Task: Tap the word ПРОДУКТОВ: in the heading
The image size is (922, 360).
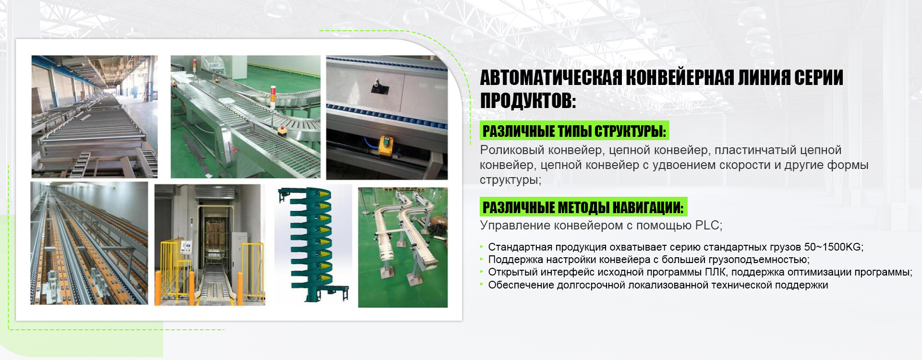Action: pos(528,101)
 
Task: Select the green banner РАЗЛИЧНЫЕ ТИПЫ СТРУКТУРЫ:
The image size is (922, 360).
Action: pos(574,131)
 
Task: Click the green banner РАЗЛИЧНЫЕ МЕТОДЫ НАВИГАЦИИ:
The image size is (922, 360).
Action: pos(583,207)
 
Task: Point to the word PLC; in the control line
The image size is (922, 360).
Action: pos(709,225)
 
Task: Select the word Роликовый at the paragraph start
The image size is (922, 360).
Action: pos(512,151)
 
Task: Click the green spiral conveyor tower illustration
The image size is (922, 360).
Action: pos(312,245)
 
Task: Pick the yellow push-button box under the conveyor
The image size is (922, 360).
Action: pos(386,146)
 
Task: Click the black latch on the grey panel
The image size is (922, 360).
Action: pos(377,86)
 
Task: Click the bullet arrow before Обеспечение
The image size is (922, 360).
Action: pos(482,285)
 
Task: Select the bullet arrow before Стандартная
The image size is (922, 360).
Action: pos(482,247)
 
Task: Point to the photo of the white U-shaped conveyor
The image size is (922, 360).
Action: pos(403,247)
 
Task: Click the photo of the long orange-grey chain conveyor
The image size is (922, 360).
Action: pos(89,243)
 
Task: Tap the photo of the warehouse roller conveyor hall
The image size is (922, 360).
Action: pos(95,117)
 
